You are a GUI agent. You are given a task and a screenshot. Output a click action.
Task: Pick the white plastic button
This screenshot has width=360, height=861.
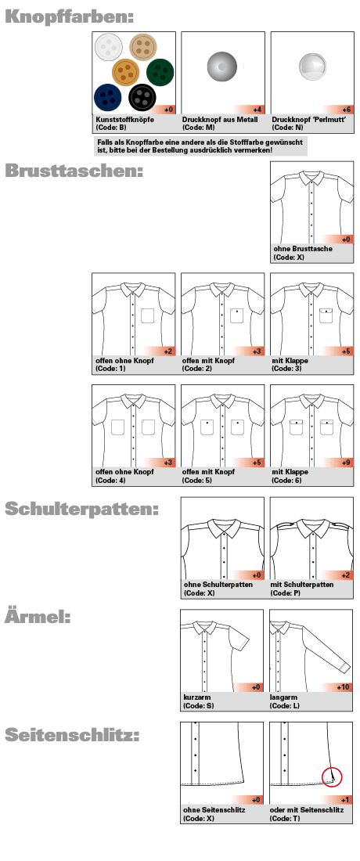tap(107, 49)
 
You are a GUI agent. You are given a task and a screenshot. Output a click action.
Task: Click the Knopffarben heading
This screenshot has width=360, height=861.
tap(69, 16)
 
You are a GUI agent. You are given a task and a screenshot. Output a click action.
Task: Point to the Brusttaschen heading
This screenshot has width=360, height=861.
tap(74, 171)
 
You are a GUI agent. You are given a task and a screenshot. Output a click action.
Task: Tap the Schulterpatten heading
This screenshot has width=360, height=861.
tap(82, 509)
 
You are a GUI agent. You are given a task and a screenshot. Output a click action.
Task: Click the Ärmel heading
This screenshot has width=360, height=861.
tap(38, 617)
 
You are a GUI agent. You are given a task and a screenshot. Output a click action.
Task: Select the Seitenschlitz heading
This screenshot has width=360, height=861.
tap(72, 735)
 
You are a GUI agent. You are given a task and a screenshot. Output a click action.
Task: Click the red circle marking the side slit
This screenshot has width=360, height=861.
tap(333, 776)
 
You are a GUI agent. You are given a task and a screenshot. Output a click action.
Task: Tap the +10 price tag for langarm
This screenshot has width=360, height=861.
tap(342, 687)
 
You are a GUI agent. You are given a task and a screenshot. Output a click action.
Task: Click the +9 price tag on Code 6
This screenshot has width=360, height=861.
tap(345, 463)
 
